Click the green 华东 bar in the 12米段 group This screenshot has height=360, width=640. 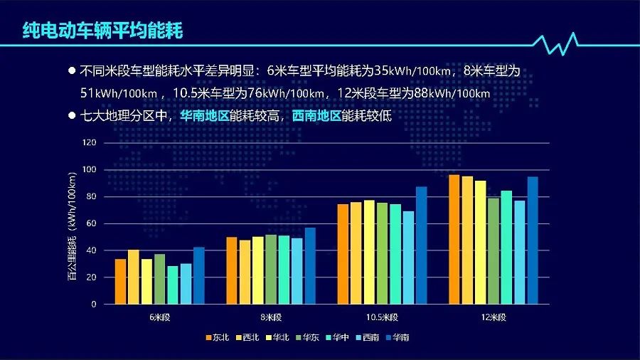(x=494, y=251)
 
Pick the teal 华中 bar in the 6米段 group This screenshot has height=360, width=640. (x=173, y=285)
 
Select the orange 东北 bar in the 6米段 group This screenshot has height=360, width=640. (x=120, y=282)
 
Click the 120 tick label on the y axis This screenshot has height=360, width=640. (x=89, y=142)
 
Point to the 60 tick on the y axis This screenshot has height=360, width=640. (x=91, y=223)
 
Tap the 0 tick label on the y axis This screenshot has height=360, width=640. (x=93, y=304)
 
